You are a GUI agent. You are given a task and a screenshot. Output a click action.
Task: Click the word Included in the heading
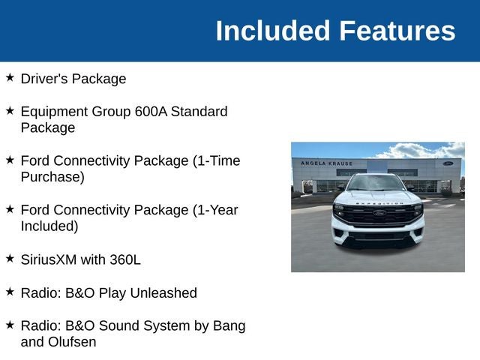click(273, 31)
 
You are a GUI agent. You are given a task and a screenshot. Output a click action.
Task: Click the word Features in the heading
click(397, 31)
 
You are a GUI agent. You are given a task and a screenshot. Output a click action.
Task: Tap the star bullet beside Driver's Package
click(10, 77)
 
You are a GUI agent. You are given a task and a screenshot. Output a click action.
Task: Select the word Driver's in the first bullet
click(44, 79)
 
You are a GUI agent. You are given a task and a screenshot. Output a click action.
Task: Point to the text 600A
click(151, 112)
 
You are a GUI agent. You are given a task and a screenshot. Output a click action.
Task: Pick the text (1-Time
click(217, 160)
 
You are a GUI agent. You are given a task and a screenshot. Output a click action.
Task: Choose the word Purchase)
click(52, 177)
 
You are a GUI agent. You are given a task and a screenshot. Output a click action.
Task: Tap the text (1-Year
click(215, 210)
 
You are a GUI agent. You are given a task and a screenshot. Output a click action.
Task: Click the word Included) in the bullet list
click(49, 226)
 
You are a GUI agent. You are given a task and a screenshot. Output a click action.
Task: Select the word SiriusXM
click(49, 259)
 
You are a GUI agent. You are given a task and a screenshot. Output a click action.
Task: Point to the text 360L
click(125, 259)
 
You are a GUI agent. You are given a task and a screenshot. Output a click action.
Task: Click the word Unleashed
click(163, 292)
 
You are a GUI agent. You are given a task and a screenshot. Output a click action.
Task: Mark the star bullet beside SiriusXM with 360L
click(10, 258)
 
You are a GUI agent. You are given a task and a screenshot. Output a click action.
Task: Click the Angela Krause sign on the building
click(327, 163)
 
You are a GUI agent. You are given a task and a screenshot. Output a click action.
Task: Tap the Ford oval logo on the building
click(448, 163)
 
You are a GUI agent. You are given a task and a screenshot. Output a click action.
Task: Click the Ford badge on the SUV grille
click(379, 213)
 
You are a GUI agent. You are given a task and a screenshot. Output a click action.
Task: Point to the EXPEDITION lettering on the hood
click(379, 203)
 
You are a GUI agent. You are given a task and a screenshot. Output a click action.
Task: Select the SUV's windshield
click(376, 183)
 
